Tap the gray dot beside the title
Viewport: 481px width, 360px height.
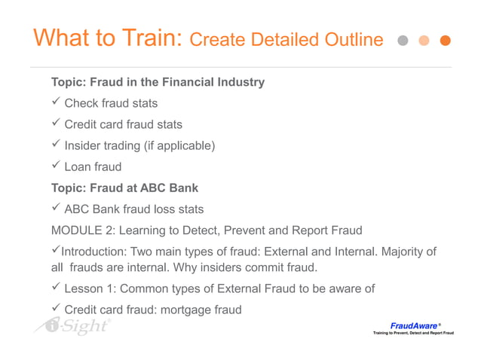click(403, 41)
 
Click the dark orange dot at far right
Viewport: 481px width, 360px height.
click(445, 41)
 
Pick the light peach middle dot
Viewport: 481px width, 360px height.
click(424, 41)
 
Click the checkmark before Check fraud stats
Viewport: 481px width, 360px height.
click(55, 102)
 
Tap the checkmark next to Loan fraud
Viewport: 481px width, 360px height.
click(55, 166)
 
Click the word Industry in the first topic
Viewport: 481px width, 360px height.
click(237, 81)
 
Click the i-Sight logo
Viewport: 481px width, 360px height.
click(72, 326)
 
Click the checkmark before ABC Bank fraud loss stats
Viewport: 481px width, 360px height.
click(55, 209)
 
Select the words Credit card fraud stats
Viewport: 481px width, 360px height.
click(123, 124)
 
